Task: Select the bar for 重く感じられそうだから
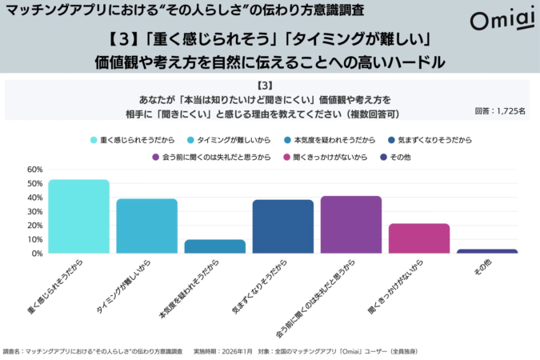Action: click(78, 216)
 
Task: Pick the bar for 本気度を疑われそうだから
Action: click(214, 246)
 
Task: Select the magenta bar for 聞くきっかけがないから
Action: click(419, 238)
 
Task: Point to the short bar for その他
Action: click(487, 251)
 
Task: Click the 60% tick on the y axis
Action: click(34, 170)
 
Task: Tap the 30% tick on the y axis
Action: click(34, 211)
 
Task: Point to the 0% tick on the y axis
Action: click(36, 254)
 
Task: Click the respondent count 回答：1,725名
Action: click(499, 111)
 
